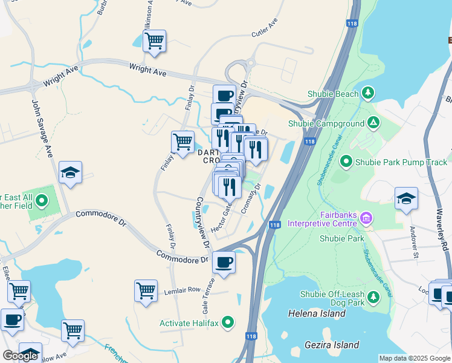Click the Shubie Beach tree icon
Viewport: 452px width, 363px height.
pyautogui.click(x=367, y=93)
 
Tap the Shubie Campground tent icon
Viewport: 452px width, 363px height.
pyautogui.click(x=374, y=123)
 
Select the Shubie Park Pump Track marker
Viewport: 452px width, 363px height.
pyautogui.click(x=346, y=162)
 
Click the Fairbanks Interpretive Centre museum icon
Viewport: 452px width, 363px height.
pyautogui.click(x=366, y=217)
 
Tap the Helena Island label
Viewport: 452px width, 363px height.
pyautogui.click(x=317, y=313)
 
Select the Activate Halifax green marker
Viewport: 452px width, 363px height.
pyautogui.click(x=228, y=322)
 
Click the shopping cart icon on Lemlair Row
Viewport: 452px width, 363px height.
pyautogui.click(x=146, y=290)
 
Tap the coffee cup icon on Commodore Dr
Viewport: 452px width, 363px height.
pyautogui.click(x=224, y=262)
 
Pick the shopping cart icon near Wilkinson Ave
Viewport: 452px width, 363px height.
pyautogui.click(x=154, y=41)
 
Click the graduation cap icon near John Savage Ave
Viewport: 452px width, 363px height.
pyautogui.click(x=70, y=172)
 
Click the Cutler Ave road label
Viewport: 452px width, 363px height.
pyautogui.click(x=264, y=29)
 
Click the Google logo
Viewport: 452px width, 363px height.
pyautogui.click(x=20, y=356)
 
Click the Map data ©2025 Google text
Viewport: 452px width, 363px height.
pyautogui.click(x=415, y=358)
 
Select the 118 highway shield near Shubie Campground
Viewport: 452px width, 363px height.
pyautogui.click(x=309, y=142)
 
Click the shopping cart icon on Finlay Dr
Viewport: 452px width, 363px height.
pyautogui.click(x=182, y=142)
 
